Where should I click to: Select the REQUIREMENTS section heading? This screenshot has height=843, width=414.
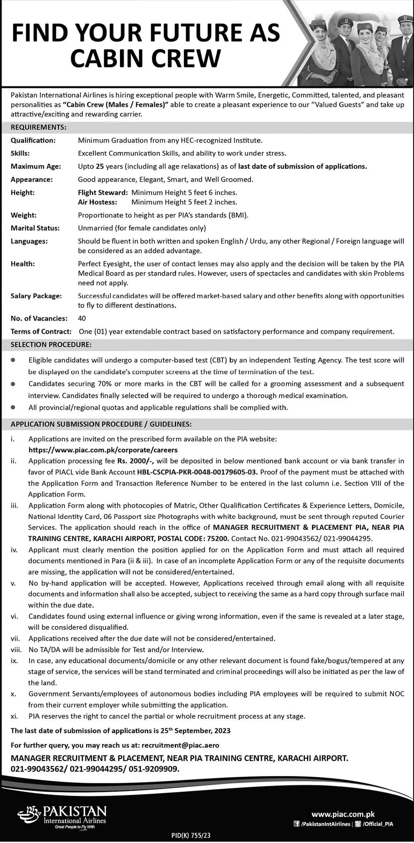click(38, 128)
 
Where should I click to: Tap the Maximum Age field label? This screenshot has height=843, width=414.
click(36, 166)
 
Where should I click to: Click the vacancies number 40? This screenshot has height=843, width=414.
click(82, 318)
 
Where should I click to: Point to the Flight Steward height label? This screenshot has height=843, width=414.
click(103, 192)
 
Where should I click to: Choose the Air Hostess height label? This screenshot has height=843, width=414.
click(97, 202)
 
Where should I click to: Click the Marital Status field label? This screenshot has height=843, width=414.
click(35, 228)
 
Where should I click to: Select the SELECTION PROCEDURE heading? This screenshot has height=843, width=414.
click(51, 345)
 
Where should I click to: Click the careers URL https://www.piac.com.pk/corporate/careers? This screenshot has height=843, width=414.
click(103, 450)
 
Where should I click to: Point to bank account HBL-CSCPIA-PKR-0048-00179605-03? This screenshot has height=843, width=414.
click(197, 472)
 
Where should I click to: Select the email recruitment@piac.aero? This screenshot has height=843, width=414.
click(180, 745)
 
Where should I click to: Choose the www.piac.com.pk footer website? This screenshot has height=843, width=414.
click(343, 814)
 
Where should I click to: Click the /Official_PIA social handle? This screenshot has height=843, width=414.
click(377, 824)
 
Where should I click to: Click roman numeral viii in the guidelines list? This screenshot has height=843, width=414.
click(15, 650)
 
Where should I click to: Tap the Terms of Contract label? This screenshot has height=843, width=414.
click(41, 331)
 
